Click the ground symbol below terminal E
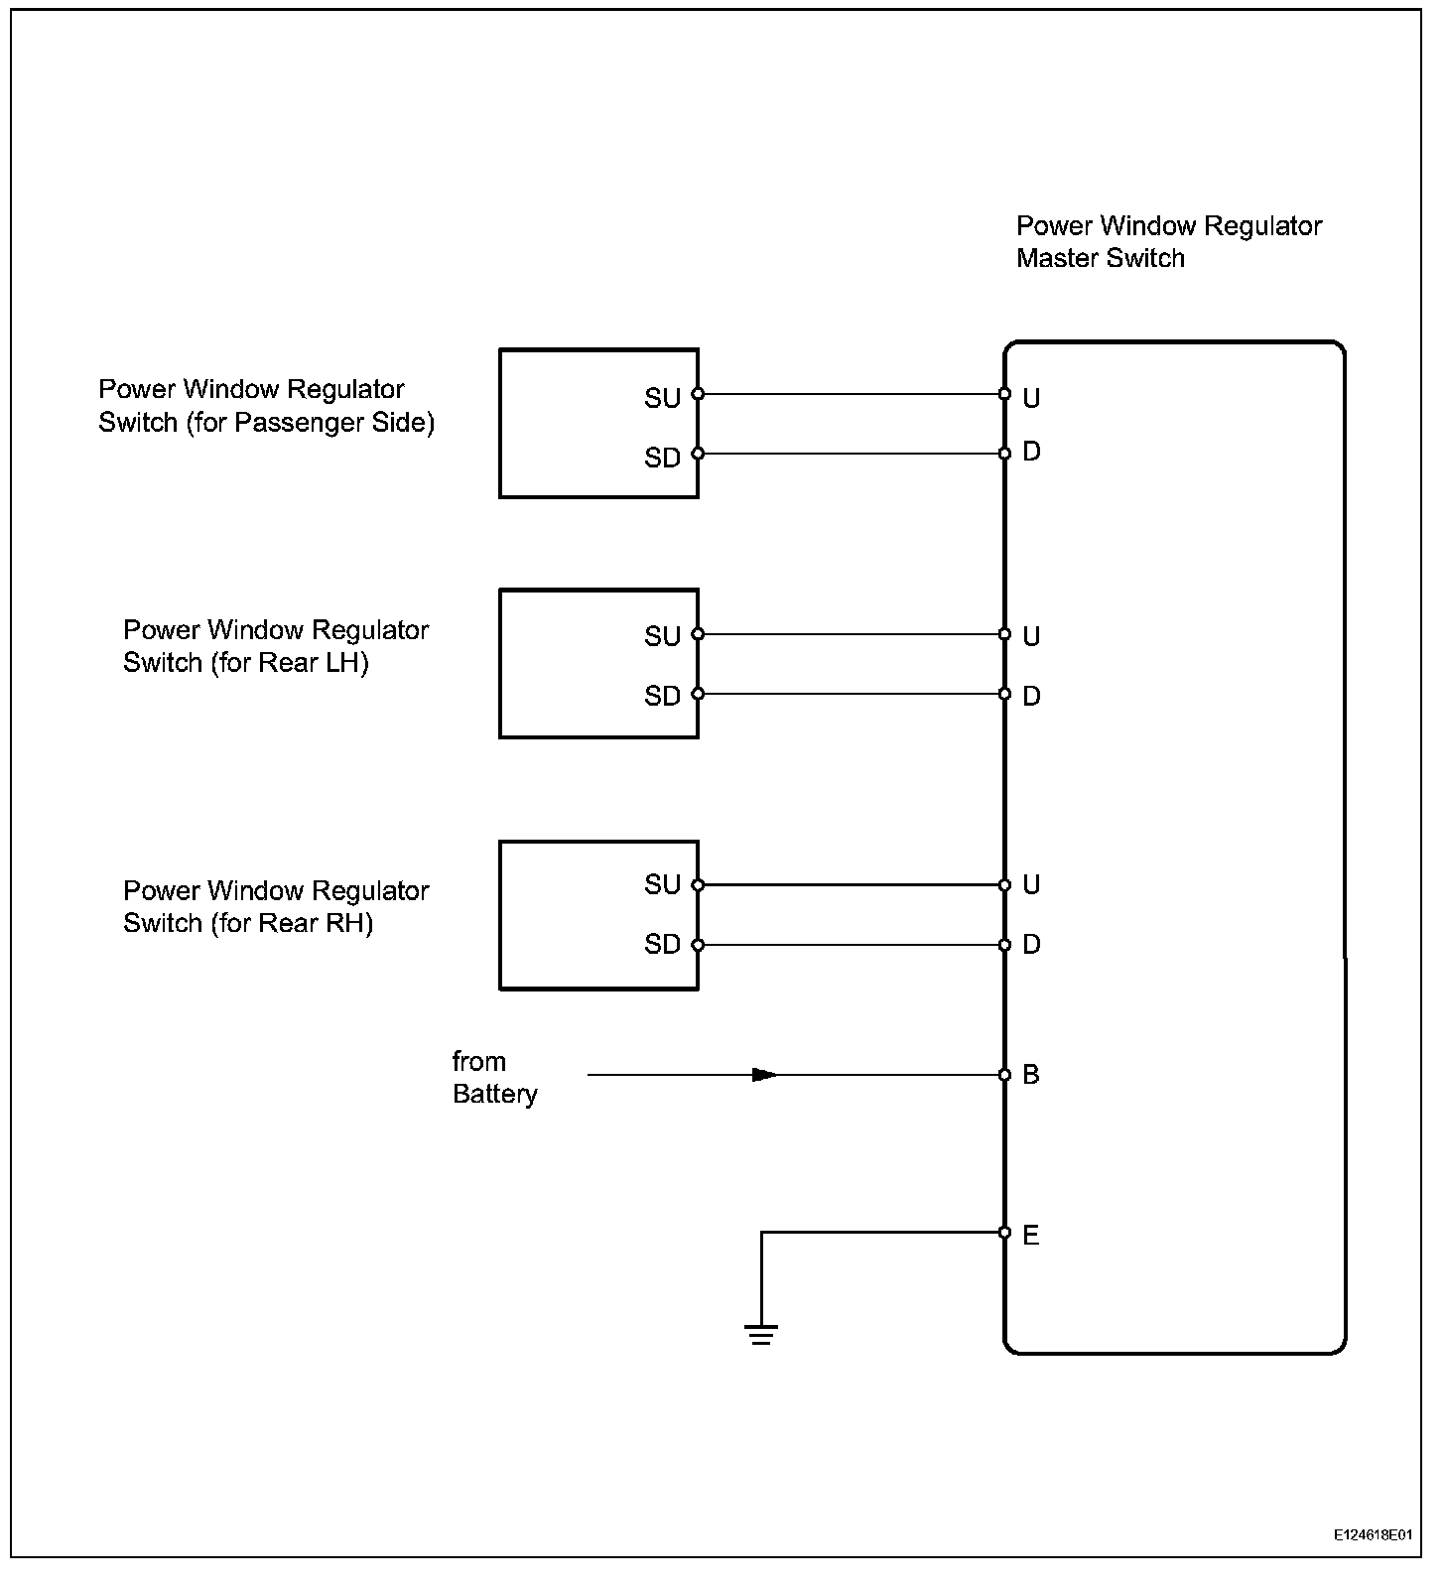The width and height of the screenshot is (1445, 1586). (x=761, y=1333)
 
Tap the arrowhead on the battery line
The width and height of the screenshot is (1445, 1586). (x=764, y=1075)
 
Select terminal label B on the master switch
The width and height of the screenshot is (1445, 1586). (x=1031, y=1075)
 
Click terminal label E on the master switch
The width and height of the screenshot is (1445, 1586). (x=1031, y=1236)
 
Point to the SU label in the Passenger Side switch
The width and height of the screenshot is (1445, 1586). (x=662, y=398)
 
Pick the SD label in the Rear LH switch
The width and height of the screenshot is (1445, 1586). (x=662, y=696)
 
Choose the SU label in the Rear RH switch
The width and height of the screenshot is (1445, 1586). (x=662, y=884)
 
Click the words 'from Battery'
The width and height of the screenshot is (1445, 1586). (x=494, y=1078)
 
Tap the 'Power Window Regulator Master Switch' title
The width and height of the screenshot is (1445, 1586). (x=1168, y=242)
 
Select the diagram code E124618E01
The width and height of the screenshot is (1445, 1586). (x=1373, y=1534)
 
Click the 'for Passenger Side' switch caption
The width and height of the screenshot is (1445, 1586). (x=266, y=406)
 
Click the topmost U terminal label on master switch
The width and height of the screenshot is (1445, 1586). (x=1031, y=398)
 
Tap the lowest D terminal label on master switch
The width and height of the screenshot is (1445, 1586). (x=1031, y=944)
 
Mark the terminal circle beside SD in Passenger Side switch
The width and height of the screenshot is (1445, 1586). (x=698, y=454)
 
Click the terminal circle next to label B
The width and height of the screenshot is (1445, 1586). (x=1004, y=1075)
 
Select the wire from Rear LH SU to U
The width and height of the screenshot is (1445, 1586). (x=851, y=634)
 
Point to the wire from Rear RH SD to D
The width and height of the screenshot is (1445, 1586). (x=851, y=945)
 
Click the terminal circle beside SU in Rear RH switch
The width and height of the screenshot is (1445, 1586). (x=698, y=885)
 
